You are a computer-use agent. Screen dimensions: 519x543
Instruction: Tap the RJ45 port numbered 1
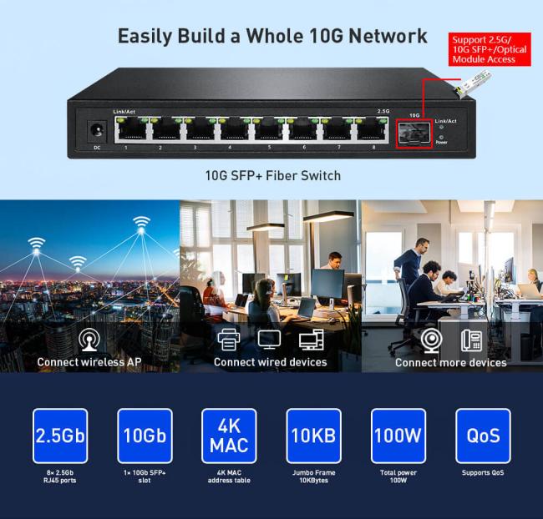click(x=127, y=130)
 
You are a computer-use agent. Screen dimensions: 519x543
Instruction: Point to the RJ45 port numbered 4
click(x=232, y=130)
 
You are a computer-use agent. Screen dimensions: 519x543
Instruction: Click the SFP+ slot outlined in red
click(x=414, y=132)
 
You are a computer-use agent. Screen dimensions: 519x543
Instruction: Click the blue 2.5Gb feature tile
click(x=60, y=436)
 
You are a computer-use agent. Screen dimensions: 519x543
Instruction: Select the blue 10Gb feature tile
click(x=145, y=436)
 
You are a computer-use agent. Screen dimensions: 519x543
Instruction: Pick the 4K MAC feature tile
click(x=229, y=436)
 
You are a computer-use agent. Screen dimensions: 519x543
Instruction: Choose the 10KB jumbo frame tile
click(x=313, y=436)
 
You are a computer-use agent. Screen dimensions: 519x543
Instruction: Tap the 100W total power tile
click(x=398, y=436)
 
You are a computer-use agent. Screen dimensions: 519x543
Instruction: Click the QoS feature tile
click(x=482, y=436)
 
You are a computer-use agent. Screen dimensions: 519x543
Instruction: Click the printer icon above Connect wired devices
click(x=229, y=340)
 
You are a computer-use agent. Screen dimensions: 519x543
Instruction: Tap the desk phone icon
click(x=472, y=340)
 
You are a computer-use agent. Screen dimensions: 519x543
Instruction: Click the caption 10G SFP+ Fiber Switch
click(x=272, y=176)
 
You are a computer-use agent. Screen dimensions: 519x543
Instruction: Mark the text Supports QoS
click(x=482, y=473)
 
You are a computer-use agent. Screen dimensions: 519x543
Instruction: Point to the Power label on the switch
click(x=442, y=143)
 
